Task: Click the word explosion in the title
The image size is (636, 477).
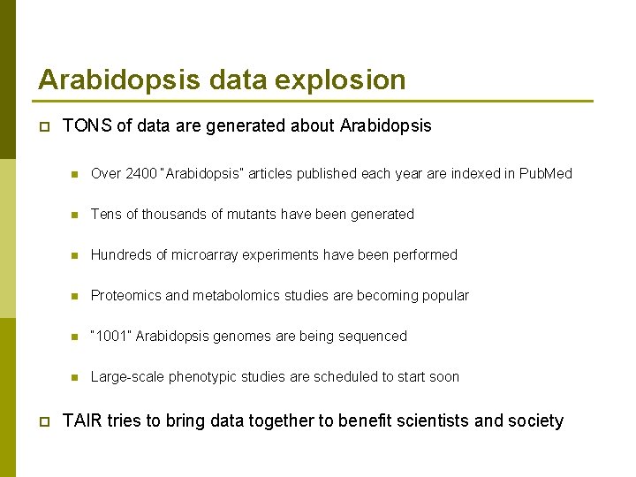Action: coord(340,80)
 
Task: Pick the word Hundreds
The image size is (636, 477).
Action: coord(122,255)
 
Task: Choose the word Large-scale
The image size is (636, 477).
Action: coord(128,377)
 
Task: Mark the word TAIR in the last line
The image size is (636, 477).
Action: coord(83,421)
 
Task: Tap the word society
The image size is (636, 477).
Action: coord(535,421)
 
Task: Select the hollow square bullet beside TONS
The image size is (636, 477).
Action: coord(43,127)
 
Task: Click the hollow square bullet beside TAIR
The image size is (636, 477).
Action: coord(43,422)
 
